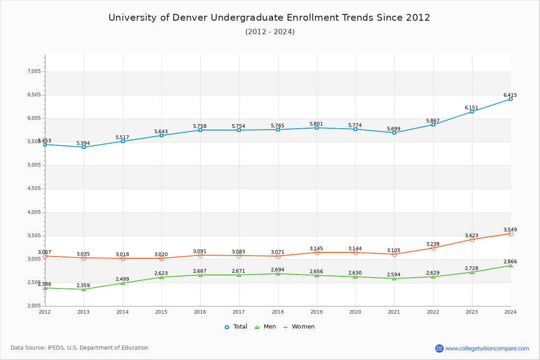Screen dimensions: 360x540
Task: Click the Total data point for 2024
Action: [x=511, y=99]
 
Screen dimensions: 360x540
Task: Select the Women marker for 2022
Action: [x=433, y=248]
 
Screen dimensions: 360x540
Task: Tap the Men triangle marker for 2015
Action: [x=162, y=277]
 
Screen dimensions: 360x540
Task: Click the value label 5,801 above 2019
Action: [x=316, y=124]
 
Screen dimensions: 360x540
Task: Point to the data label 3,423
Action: [x=472, y=235]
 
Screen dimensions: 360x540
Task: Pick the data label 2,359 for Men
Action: [x=84, y=285]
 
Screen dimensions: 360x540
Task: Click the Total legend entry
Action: [x=236, y=327]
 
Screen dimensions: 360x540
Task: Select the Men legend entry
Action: [x=265, y=327]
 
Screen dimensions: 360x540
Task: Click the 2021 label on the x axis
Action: [x=394, y=311]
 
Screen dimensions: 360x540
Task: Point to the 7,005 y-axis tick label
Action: [x=34, y=72]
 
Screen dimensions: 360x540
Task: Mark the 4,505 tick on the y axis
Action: [x=34, y=189]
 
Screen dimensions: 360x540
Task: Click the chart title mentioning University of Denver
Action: [x=270, y=18]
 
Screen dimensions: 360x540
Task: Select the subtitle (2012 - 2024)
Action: [x=270, y=32]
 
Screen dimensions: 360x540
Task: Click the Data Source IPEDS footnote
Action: [x=80, y=348]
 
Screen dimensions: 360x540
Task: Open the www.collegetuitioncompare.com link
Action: [x=487, y=348]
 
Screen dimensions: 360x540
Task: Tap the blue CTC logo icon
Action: [x=439, y=348]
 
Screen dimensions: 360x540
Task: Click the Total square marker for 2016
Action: [x=200, y=130]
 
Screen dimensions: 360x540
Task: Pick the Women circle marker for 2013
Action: [x=84, y=258]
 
